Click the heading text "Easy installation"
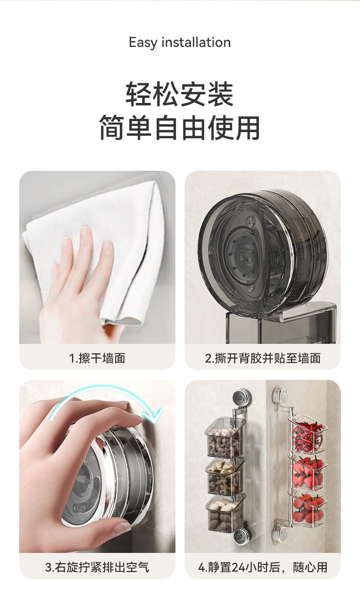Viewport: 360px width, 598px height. coord(180,42)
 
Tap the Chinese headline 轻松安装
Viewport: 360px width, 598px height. coord(180,94)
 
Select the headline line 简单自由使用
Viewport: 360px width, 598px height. coord(180,128)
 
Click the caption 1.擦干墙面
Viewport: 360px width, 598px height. coord(97,358)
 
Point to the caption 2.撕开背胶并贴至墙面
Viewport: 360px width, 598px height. coord(263,358)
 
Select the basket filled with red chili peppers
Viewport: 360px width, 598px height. coord(307,438)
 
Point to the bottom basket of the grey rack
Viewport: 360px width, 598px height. coord(225,514)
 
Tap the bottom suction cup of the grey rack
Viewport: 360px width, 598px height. coord(241,537)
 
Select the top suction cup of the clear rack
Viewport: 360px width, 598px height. coord(280,395)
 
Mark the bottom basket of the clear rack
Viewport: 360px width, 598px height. coord(309,509)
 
